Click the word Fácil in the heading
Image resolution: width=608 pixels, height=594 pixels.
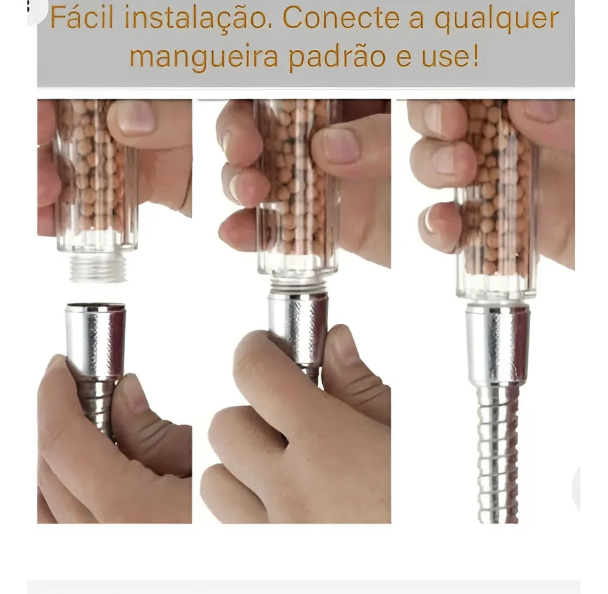[x=82, y=18]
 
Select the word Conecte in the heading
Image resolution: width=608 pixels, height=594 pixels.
[x=341, y=19]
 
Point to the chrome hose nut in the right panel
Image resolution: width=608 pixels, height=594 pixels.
[x=497, y=344]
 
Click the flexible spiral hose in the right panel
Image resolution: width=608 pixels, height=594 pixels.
[x=498, y=454]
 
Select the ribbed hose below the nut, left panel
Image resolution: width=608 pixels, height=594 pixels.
[x=97, y=406]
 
